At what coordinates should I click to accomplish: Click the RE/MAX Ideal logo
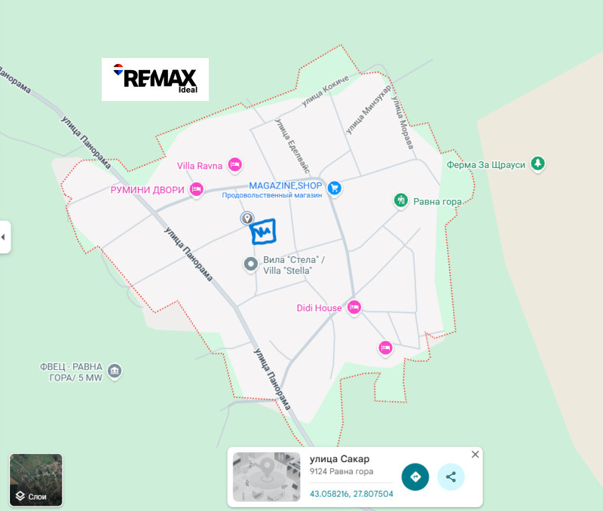click(x=155, y=79)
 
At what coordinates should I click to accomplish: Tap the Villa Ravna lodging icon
click(x=235, y=164)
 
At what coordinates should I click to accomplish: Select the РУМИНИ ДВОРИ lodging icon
click(x=197, y=189)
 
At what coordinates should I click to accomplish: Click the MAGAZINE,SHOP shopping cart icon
click(x=335, y=188)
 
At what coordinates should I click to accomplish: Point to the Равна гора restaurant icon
click(x=401, y=200)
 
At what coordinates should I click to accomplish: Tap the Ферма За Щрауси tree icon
click(x=537, y=163)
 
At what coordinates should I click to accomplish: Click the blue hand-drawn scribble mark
click(x=263, y=232)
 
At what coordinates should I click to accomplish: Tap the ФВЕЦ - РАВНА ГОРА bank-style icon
click(x=115, y=370)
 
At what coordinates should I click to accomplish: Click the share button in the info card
click(x=451, y=476)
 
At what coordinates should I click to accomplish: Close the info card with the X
click(x=475, y=454)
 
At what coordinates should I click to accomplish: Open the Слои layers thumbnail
click(x=36, y=479)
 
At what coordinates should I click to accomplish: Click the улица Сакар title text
click(x=340, y=459)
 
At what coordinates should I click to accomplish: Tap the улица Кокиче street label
click(x=326, y=96)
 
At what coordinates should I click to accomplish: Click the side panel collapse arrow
click(x=4, y=237)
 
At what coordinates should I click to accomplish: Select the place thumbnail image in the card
click(x=266, y=476)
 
